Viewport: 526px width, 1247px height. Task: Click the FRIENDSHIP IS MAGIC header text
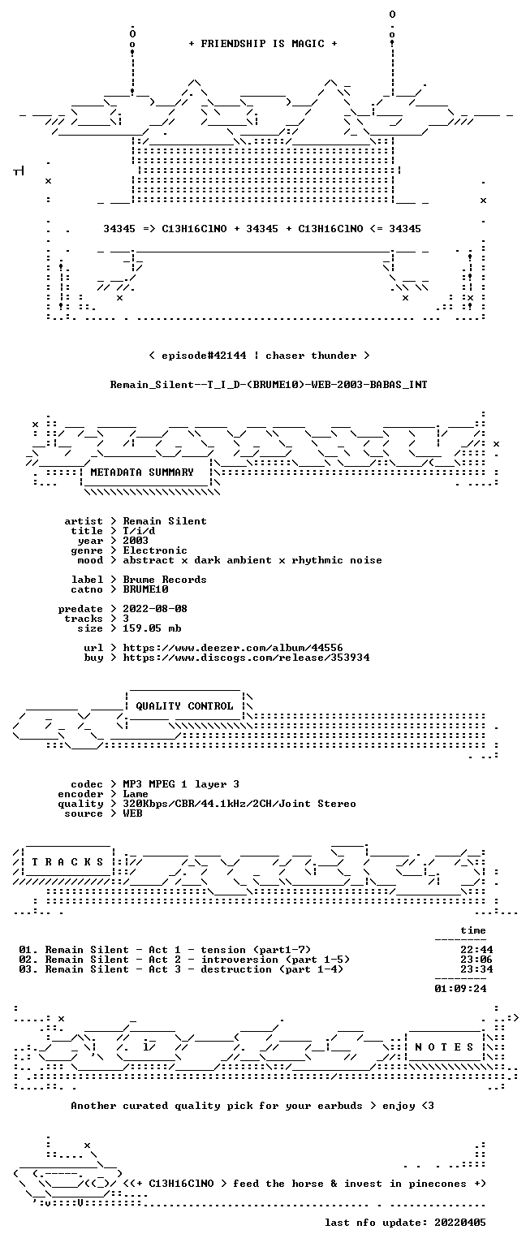coord(263,43)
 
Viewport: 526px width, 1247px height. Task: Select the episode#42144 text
coord(204,355)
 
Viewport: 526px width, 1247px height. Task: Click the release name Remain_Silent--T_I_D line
coord(269,384)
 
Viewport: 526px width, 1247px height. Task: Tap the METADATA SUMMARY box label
coord(142,472)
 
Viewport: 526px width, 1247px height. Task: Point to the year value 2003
coord(136,541)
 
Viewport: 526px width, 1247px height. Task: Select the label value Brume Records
coord(165,580)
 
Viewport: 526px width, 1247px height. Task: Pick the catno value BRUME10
coord(145,589)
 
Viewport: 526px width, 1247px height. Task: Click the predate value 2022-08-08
coord(155,608)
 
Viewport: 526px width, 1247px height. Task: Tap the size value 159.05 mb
coord(152,628)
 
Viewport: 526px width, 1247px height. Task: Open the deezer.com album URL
coord(233,647)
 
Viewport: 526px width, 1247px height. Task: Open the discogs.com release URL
coord(246,658)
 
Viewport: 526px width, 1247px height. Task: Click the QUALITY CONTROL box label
coord(184,705)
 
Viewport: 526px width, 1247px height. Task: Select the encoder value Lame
coord(136,794)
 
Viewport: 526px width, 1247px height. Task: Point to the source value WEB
coord(132,813)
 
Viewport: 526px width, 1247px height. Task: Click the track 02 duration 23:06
coord(476,959)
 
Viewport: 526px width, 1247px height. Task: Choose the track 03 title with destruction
coord(194,969)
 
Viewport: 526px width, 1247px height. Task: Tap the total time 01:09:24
coord(460,989)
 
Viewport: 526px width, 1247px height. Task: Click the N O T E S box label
coord(444,1047)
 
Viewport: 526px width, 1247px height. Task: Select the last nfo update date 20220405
coord(460,1223)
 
